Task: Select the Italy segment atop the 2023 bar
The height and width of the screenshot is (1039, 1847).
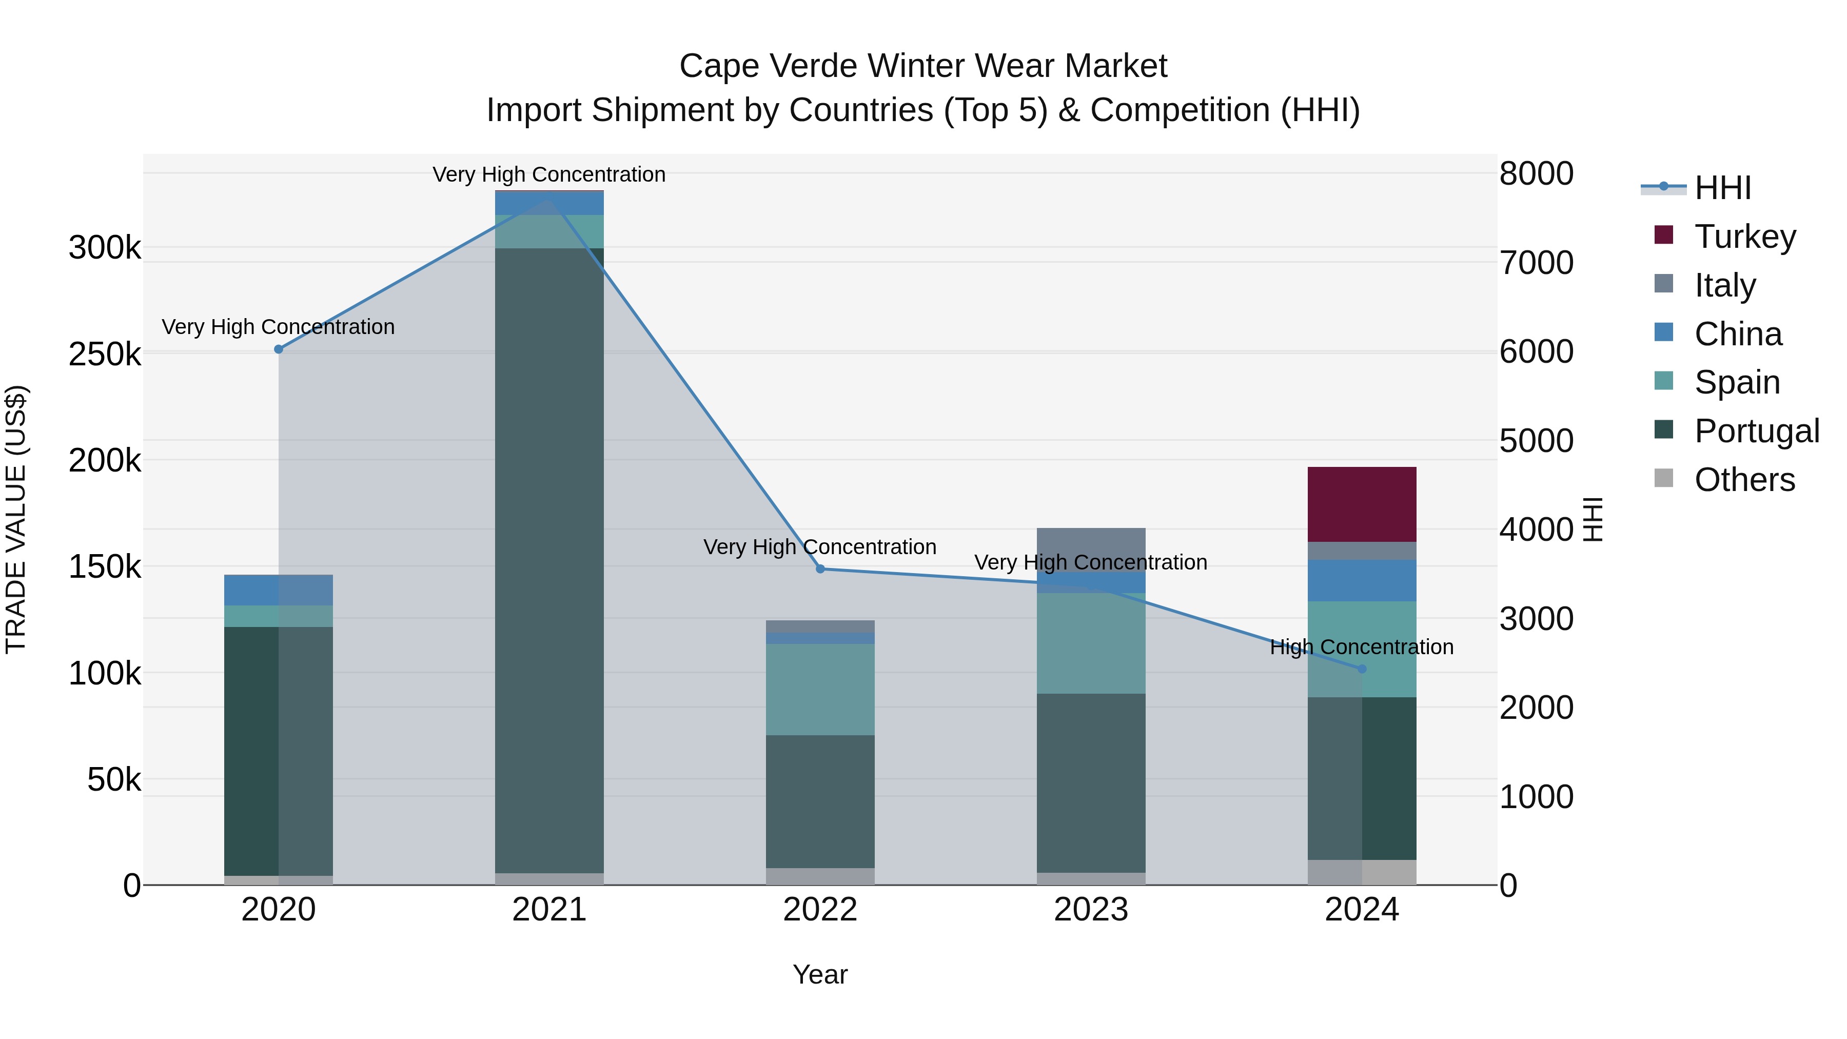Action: click(x=1091, y=548)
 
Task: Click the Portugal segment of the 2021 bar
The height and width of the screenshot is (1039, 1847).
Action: click(x=549, y=559)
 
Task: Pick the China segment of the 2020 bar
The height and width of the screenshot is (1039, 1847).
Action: click(x=278, y=590)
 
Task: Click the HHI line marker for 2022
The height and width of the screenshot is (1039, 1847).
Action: click(x=820, y=568)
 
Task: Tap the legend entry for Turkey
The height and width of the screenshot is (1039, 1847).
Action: click(x=1744, y=236)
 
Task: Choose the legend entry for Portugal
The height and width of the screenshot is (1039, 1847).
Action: click(x=1756, y=430)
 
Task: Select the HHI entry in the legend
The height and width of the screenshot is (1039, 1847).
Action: click(x=1722, y=188)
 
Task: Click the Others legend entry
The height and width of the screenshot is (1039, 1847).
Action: click(x=1744, y=479)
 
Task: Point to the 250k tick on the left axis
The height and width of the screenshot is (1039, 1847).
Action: click(x=105, y=354)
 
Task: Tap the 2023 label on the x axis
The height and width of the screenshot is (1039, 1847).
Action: click(x=1091, y=910)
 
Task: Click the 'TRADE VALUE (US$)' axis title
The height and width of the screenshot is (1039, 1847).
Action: click(x=16, y=519)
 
